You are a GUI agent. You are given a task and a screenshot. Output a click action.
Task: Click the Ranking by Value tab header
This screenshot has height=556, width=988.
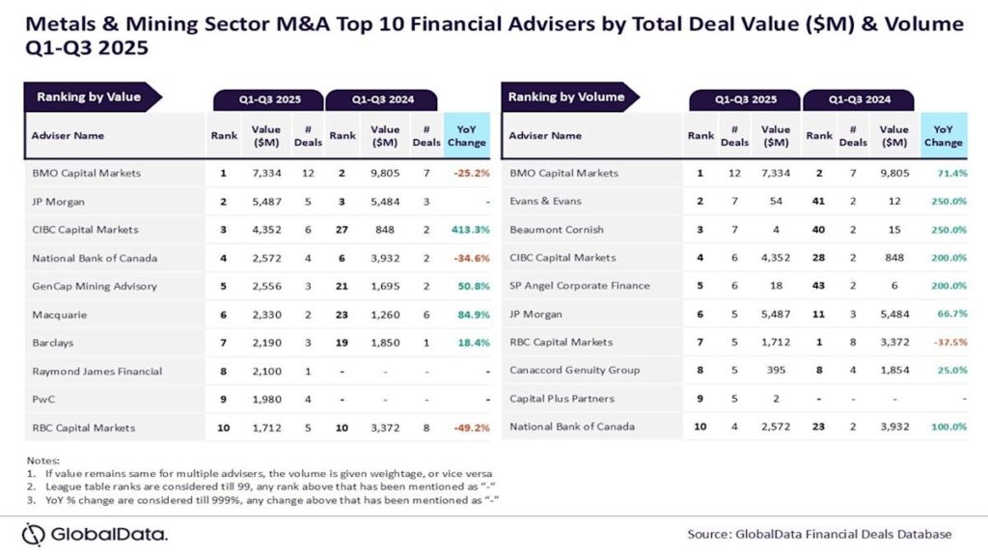click(89, 97)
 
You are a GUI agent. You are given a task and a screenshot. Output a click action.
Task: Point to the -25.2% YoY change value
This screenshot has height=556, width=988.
click(467, 174)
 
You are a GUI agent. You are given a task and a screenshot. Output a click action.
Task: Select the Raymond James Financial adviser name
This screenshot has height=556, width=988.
click(96, 372)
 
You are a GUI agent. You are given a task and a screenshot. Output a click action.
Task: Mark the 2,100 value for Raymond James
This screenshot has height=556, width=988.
click(266, 372)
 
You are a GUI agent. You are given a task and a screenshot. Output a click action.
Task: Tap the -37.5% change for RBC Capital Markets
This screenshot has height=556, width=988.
click(944, 343)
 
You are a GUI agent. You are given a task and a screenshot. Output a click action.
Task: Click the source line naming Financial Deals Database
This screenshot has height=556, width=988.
click(819, 534)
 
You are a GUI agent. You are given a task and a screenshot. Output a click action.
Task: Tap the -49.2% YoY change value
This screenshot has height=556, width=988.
click(467, 428)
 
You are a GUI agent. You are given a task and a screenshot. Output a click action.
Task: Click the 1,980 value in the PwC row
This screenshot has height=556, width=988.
click(266, 400)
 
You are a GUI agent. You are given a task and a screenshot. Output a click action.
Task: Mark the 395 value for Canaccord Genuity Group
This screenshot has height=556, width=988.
click(775, 371)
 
